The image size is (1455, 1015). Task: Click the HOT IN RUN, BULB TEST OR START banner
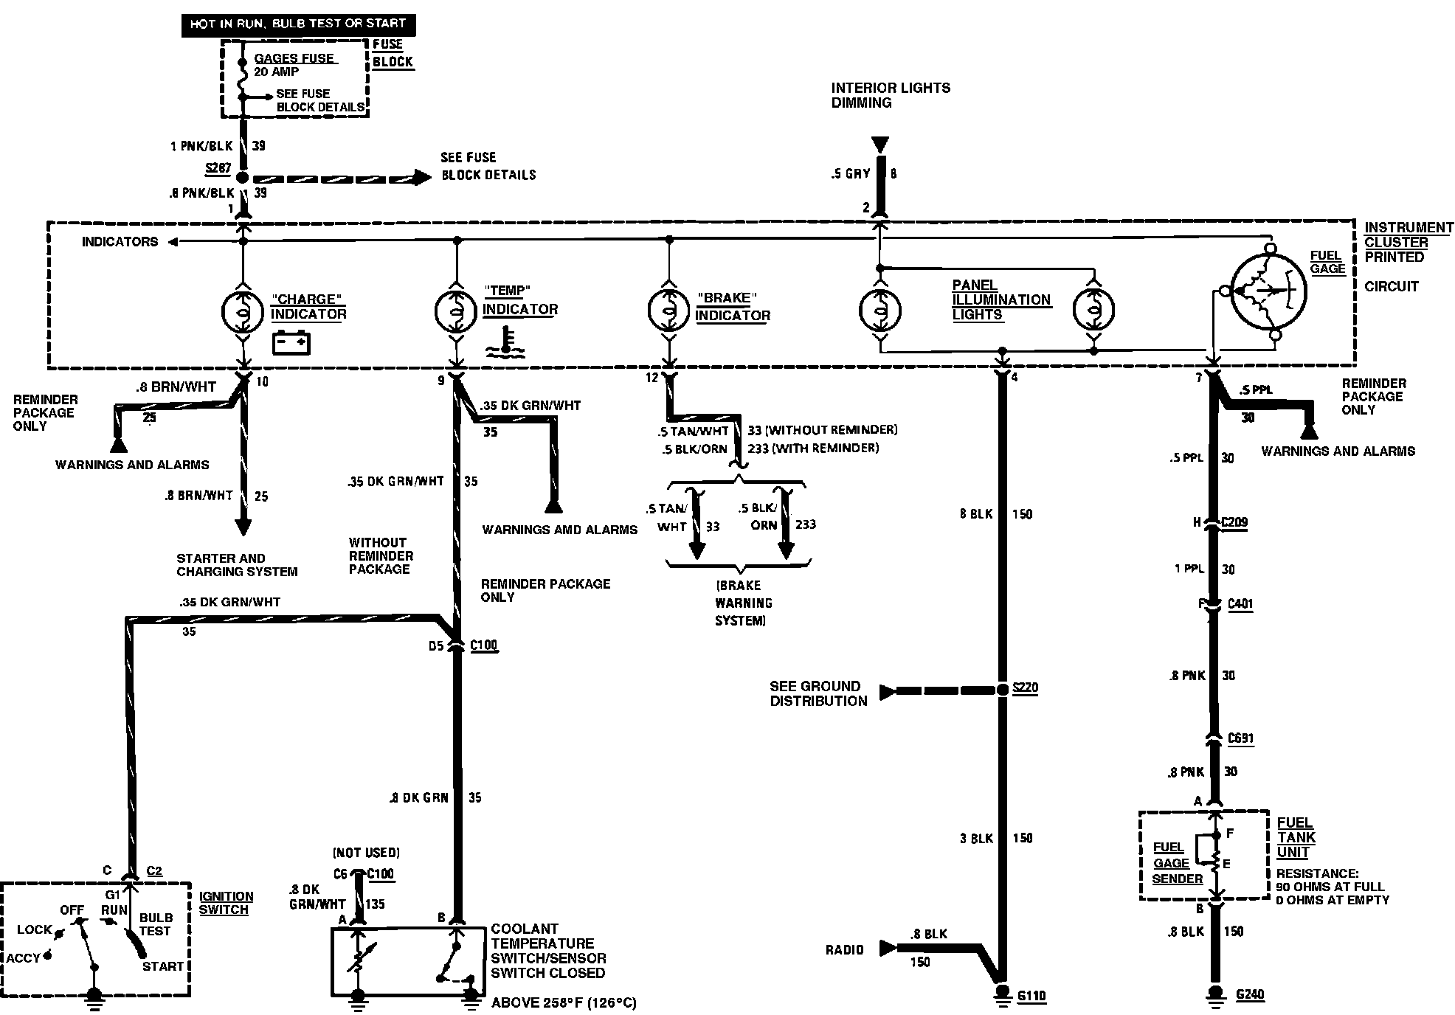[298, 24]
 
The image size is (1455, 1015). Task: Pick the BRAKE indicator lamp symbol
[668, 310]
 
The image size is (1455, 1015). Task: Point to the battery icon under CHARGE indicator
[291, 344]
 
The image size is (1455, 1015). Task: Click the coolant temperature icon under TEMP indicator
[505, 344]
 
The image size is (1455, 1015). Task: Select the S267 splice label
[218, 168]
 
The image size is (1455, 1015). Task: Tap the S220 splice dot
[1002, 690]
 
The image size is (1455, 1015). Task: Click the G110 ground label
[1031, 997]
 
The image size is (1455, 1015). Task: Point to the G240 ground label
[1250, 994]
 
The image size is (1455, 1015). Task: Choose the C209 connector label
[1234, 522]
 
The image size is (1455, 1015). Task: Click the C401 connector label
[1240, 604]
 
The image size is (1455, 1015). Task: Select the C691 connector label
[1240, 738]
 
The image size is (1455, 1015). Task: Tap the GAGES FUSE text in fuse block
[294, 58]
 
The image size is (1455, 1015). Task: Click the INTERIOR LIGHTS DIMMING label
[891, 95]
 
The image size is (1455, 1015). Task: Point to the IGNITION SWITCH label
[226, 903]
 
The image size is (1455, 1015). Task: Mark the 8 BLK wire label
[975, 514]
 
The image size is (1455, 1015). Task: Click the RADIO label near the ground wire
[844, 950]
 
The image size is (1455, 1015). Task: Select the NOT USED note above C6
[366, 853]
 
